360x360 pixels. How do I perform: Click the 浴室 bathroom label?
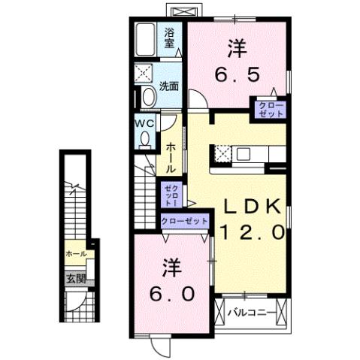tap(171, 38)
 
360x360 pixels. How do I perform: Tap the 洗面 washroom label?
tap(169, 86)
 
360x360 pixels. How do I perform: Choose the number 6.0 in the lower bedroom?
tap(171, 292)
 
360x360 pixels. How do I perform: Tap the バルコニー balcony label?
tap(247, 310)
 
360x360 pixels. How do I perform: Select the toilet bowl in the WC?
tap(144, 138)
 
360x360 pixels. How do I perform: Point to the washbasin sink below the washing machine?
tap(147, 96)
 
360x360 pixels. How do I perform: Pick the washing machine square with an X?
tap(144, 73)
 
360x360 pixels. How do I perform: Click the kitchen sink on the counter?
tap(244, 154)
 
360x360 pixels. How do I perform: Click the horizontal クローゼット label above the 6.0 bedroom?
tap(184, 221)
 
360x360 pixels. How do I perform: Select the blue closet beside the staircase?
tap(170, 193)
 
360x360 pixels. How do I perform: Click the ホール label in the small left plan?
tap(75, 254)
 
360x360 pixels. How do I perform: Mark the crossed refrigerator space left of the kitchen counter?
tap(222, 153)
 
